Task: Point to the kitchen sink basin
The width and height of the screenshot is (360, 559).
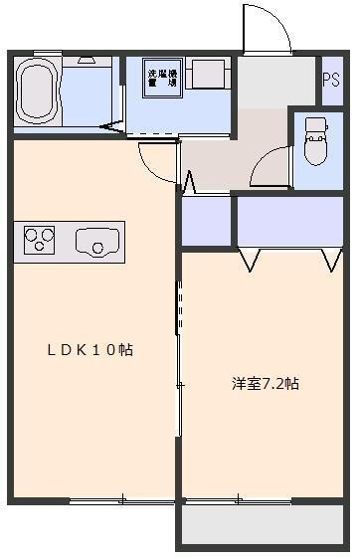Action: pos(96,240)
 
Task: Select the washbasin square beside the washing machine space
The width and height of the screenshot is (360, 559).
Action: pos(209,74)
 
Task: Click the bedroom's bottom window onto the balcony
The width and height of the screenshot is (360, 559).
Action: pos(239,499)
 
